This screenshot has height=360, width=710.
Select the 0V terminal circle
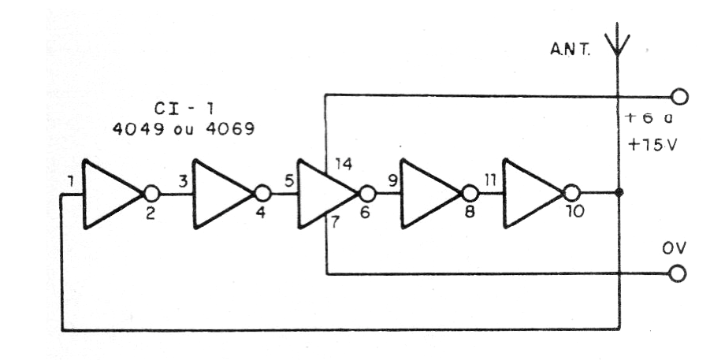[x=678, y=274]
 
